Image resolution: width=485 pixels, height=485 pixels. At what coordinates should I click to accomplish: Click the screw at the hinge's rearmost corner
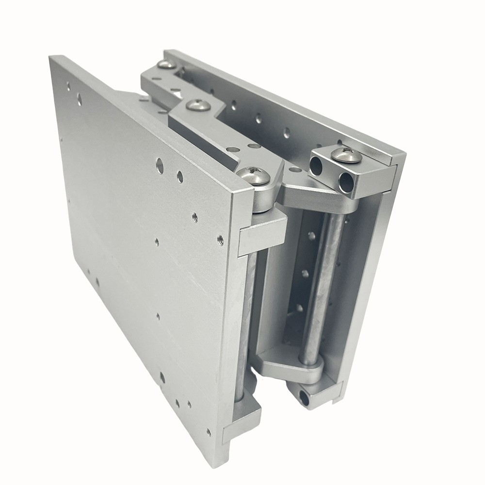tap(167, 64)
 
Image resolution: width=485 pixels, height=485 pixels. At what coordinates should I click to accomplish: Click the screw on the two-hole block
tap(346, 155)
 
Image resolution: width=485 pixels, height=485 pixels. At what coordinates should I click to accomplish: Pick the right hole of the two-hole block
tap(345, 183)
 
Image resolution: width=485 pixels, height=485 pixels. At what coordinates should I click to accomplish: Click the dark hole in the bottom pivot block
tap(305, 398)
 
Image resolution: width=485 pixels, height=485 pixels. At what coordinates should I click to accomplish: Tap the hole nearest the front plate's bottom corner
tap(209, 432)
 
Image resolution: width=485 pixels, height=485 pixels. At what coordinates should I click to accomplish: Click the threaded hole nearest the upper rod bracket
tap(220, 238)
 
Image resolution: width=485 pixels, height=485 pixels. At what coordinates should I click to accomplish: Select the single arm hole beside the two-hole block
tap(295, 170)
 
